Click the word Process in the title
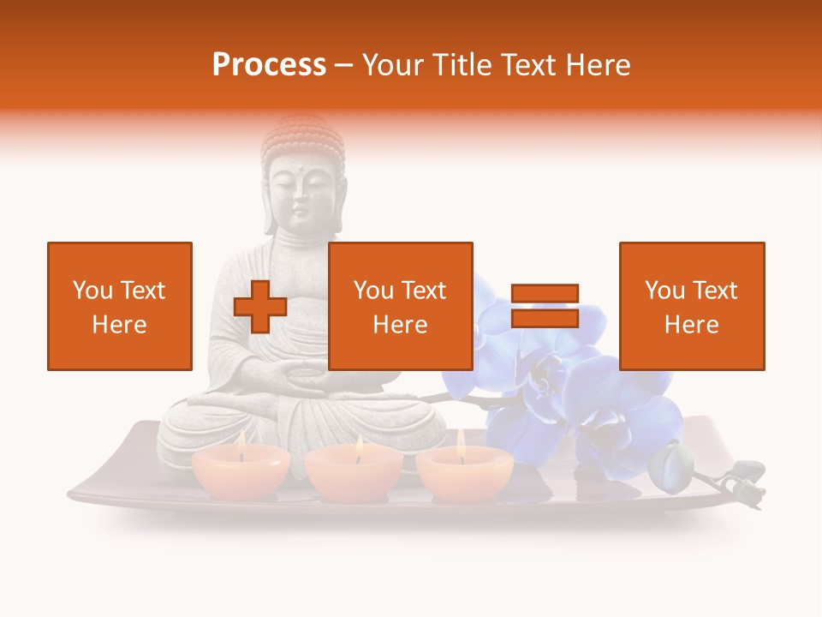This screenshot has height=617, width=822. point(269,65)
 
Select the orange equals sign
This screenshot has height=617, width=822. point(545,306)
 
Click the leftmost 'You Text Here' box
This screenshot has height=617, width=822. point(120,306)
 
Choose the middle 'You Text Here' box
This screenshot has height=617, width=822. point(401,306)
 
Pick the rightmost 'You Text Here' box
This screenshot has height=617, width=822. point(692,306)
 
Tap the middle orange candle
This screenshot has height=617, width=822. point(354,474)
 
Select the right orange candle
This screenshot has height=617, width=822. point(464,472)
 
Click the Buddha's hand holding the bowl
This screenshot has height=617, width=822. point(301,377)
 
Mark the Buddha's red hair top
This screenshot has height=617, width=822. point(302,137)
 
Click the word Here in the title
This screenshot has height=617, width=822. point(599,65)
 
